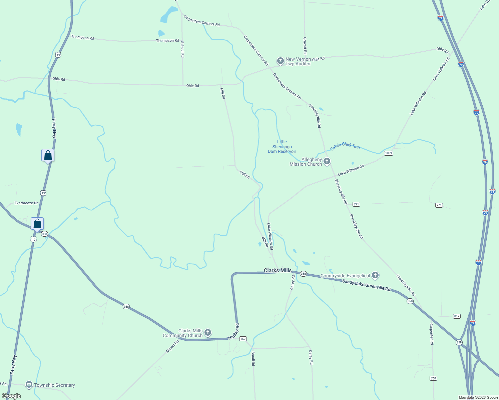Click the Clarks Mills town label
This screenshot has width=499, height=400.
pos(278,270)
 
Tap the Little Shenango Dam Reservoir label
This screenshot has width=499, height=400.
pos(282,147)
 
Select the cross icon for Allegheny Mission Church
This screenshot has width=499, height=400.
pos(327,161)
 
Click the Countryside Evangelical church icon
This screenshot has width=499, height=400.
pos(375,275)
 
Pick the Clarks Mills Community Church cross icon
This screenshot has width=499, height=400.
pos(207,332)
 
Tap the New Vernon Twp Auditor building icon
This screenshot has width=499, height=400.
pos(280,61)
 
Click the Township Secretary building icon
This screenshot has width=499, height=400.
pos(29,385)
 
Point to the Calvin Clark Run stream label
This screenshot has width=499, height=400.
pos(345,146)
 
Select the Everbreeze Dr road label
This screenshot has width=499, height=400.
pos(26,203)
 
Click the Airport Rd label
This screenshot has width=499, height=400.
pos(172,347)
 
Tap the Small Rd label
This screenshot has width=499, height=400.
pos(253,359)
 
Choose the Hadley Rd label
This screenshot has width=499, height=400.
pos(234,332)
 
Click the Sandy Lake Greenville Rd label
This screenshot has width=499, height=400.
pos(366,286)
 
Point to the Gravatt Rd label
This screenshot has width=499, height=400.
pos(305,46)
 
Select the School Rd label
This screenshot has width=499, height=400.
pos(182,49)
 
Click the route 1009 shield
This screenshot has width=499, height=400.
pos(388,153)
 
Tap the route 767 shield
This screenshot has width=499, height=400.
pos(243,339)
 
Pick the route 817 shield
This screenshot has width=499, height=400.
pos(457,316)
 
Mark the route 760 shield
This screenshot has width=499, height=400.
pos(433,378)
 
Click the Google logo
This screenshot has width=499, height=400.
pos(11,396)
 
